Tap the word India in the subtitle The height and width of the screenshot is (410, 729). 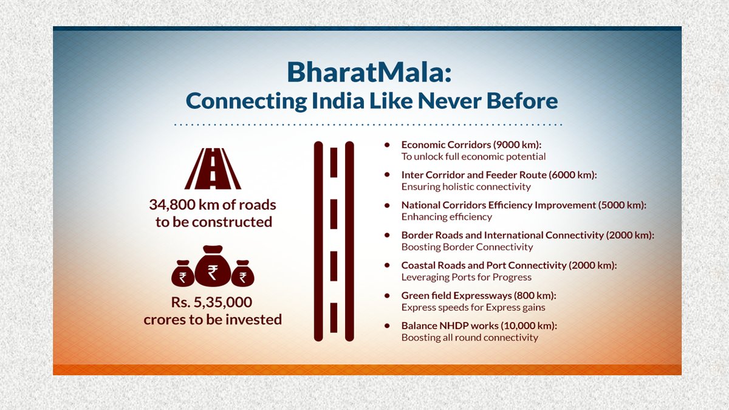pyautogui.click(x=338, y=101)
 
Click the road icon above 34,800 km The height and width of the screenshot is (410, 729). pyautogui.click(x=213, y=169)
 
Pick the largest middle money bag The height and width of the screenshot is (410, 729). pyautogui.click(x=213, y=266)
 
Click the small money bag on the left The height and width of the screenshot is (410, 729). pyautogui.click(x=183, y=274)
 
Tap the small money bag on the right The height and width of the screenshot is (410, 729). pyautogui.click(x=243, y=274)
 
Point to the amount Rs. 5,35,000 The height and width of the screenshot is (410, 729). pyautogui.click(x=211, y=302)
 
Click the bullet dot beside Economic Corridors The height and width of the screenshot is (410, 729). pyautogui.click(x=387, y=145)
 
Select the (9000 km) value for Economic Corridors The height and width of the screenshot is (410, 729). pyautogui.click(x=517, y=145)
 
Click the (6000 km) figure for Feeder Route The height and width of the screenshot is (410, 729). pyautogui.click(x=573, y=175)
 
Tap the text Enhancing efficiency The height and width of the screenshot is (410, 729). pyautogui.click(x=447, y=217)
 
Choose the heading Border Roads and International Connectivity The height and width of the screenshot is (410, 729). pyautogui.click(x=502, y=235)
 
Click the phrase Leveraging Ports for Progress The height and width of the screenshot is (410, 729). pyautogui.click(x=467, y=277)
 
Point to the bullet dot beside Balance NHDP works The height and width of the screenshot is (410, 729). pyautogui.click(x=387, y=326)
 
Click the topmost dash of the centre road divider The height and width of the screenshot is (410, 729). pyautogui.click(x=334, y=162)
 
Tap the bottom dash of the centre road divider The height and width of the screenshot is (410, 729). pyautogui.click(x=334, y=318)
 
